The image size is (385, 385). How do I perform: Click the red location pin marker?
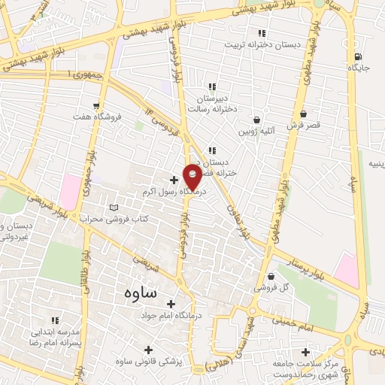[192, 177]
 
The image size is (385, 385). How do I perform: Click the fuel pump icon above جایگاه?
[357, 56]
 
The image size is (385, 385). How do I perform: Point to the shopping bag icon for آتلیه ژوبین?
[257, 120]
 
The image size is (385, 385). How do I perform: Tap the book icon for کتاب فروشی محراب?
[114, 208]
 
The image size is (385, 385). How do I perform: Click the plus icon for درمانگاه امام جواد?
[171, 305]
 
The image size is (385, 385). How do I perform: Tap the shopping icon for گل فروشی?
[270, 276]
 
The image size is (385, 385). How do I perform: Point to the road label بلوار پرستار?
[308, 266]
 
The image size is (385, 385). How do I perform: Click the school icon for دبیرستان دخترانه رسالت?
[212, 86]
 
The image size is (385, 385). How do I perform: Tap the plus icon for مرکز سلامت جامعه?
[305, 351]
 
